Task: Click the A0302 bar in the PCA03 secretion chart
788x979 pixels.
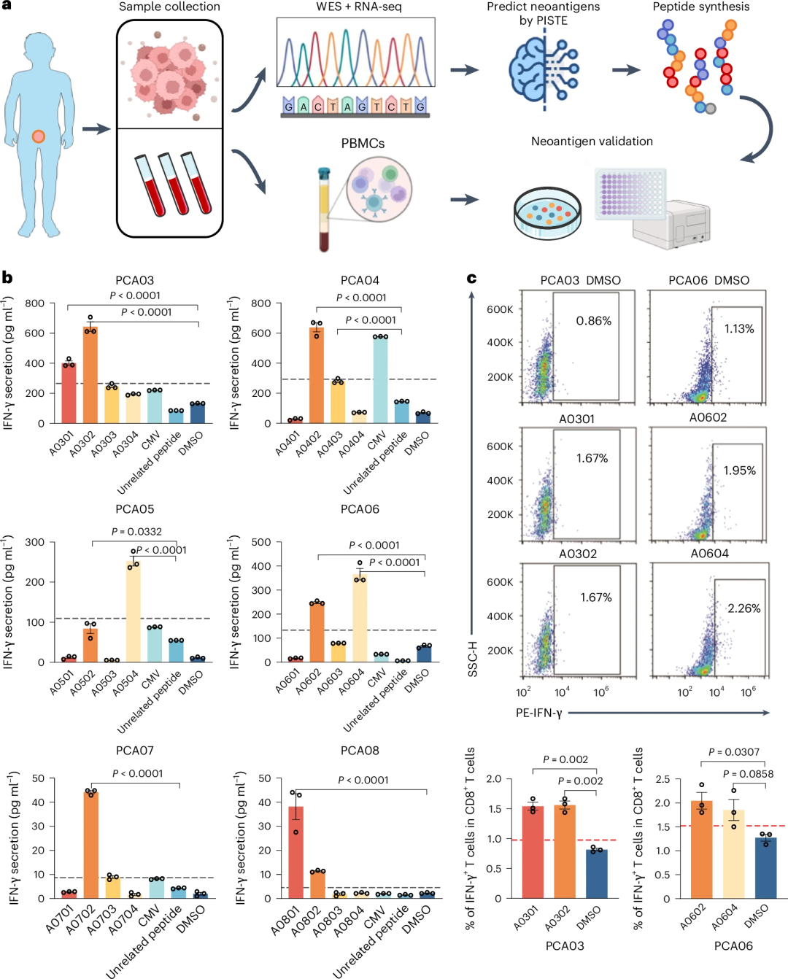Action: point(90,376)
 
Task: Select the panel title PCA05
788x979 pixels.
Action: point(135,509)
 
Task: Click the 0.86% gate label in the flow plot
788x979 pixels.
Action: point(594,321)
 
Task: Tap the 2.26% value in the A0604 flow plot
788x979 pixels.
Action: point(743,608)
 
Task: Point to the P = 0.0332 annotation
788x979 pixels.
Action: point(136,532)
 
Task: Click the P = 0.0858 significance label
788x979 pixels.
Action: point(748,774)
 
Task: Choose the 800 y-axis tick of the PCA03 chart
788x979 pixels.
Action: point(34,303)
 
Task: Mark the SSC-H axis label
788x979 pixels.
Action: point(472,659)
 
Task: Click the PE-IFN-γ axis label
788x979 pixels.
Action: point(538,713)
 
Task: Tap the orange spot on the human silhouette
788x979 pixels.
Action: point(39,136)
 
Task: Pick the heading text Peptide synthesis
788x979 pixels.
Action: point(700,7)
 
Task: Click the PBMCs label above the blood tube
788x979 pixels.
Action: point(363,143)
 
